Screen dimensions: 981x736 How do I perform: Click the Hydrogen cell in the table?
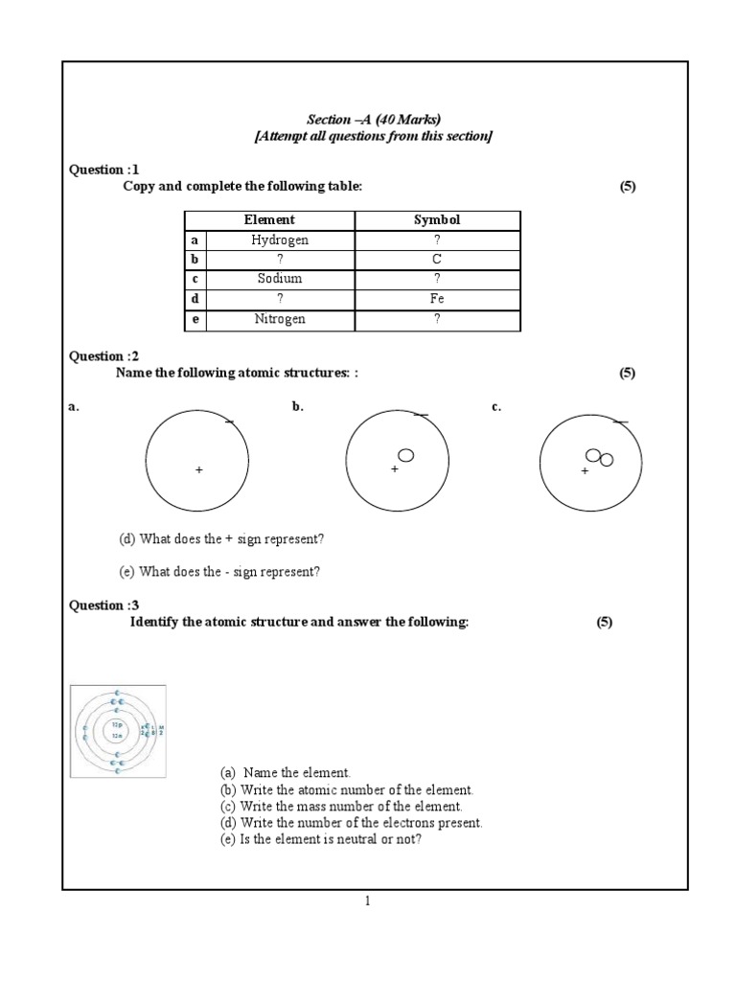click(280, 240)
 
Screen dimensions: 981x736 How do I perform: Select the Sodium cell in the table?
click(280, 279)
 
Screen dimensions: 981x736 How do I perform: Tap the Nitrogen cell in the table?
click(280, 319)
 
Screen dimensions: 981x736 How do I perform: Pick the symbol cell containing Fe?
click(437, 299)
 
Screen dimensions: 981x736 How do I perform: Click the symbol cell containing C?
click(437, 259)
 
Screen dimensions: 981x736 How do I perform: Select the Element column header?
click(269, 220)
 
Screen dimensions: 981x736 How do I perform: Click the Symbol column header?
click(437, 220)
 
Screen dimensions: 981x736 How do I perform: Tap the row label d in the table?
click(195, 299)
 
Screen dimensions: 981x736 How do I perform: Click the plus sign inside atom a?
click(199, 470)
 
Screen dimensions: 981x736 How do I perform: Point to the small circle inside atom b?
click(405, 455)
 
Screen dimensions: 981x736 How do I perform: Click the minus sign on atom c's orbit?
click(620, 422)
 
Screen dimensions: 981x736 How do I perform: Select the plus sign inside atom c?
click(585, 472)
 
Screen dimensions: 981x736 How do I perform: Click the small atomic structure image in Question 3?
click(119, 731)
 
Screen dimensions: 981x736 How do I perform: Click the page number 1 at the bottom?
click(367, 901)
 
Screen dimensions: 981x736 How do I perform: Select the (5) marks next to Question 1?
click(628, 186)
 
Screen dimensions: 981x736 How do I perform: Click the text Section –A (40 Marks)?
click(373, 120)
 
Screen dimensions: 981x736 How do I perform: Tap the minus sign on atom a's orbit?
click(228, 422)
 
